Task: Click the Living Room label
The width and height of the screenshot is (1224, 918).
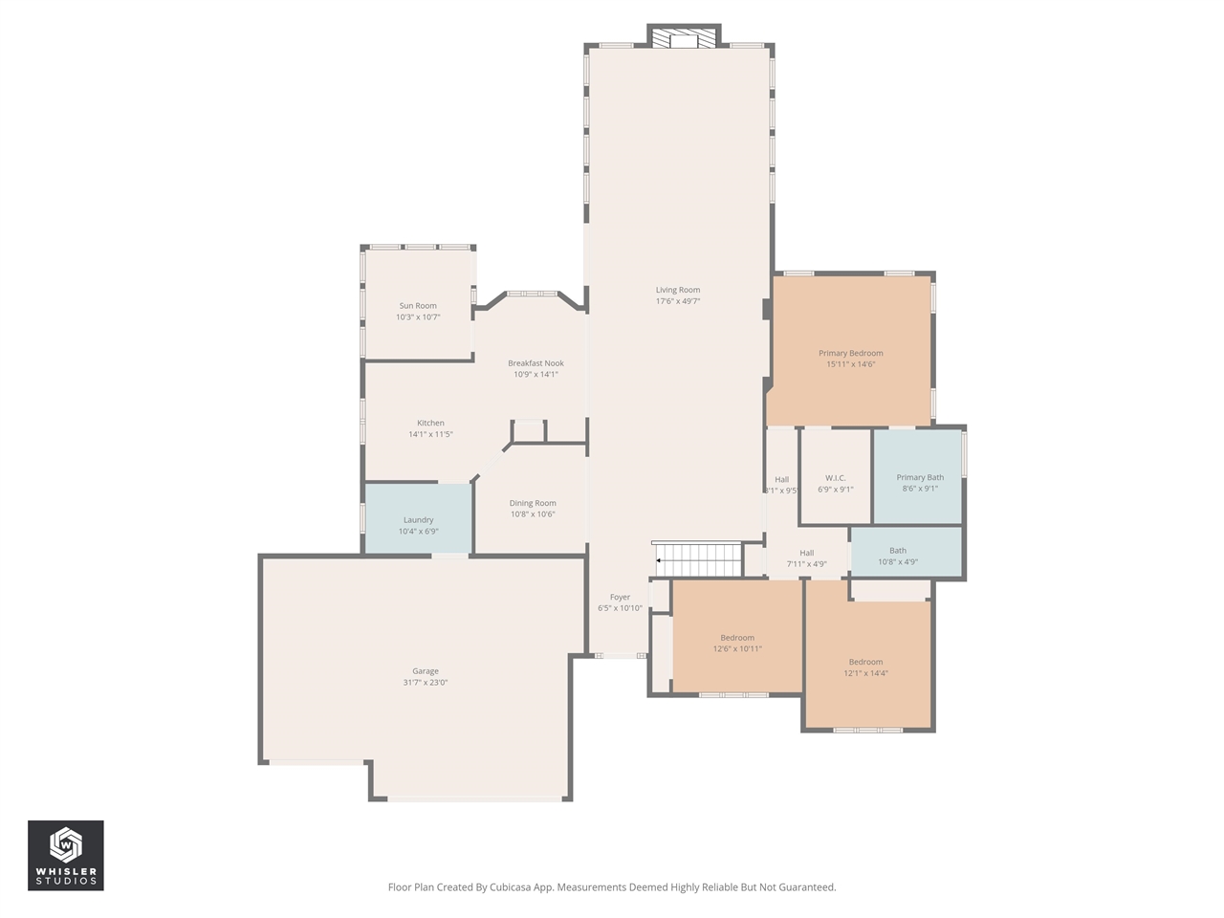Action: click(x=677, y=290)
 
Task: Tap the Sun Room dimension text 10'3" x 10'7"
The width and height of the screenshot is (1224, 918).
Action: click(x=418, y=317)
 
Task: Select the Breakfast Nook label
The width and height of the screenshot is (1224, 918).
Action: click(x=535, y=363)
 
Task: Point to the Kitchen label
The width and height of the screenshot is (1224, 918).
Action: click(x=430, y=423)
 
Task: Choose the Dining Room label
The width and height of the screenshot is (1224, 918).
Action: click(x=533, y=503)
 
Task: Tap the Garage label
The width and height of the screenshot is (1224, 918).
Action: click(x=426, y=671)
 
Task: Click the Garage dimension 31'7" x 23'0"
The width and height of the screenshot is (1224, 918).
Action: click(x=426, y=683)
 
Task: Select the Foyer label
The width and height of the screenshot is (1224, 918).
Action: click(x=620, y=597)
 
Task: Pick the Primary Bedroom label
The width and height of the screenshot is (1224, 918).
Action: click(x=850, y=353)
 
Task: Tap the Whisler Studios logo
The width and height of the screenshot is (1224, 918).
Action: click(x=66, y=855)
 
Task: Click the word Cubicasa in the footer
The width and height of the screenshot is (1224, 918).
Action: click(x=512, y=887)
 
